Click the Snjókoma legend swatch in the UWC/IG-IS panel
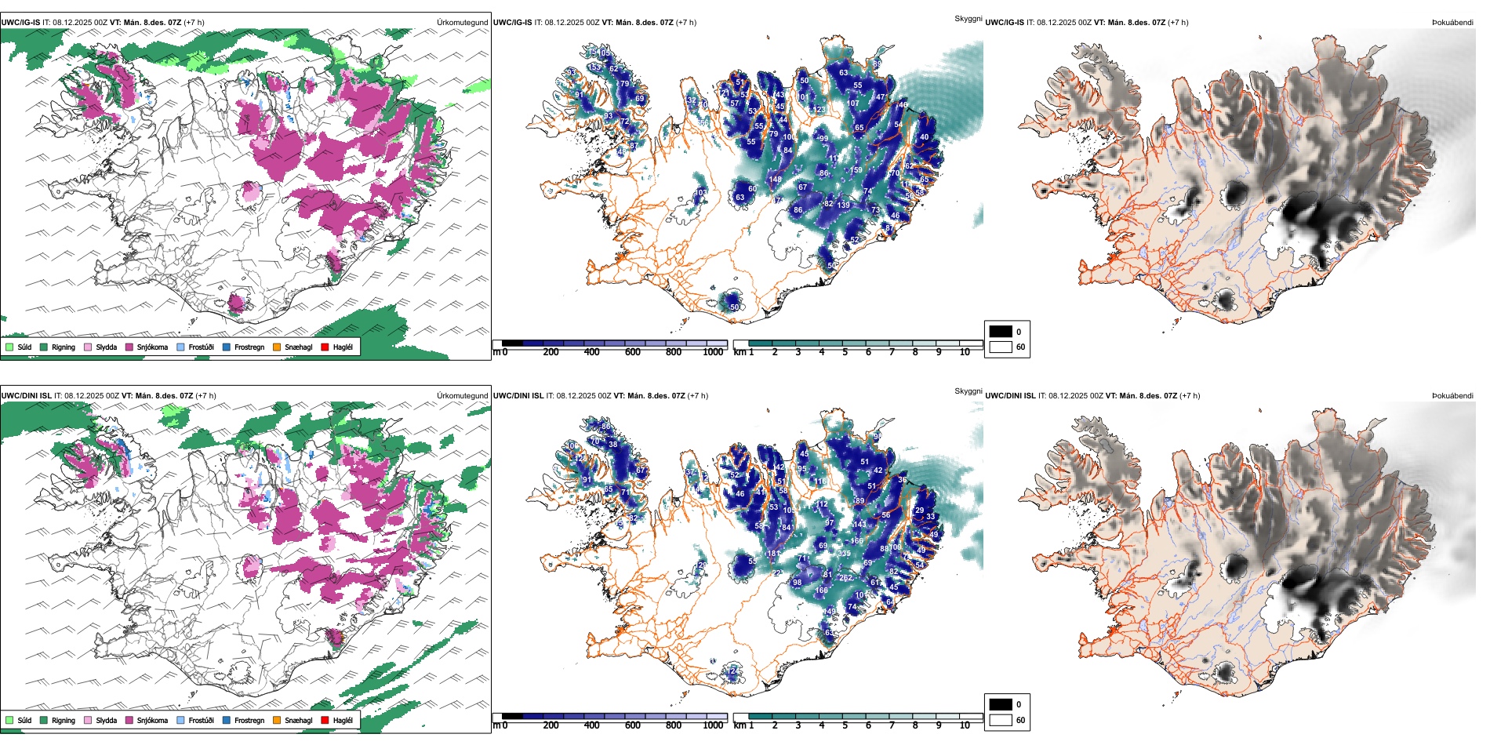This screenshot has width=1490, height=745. tap(129, 347)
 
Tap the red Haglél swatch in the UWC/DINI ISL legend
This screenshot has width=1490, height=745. tap(325, 720)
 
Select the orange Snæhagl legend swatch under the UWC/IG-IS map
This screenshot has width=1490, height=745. tap(277, 347)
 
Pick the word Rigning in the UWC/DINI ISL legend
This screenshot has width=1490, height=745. tap(64, 721)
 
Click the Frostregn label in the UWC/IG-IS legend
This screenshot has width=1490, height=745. tap(249, 347)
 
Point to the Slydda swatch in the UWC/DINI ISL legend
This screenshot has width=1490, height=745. tap(88, 720)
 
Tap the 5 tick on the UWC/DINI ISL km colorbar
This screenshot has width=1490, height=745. tap(845, 725)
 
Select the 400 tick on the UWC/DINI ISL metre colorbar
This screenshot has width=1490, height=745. tap(592, 725)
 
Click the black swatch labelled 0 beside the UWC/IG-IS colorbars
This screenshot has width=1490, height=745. tap(1001, 332)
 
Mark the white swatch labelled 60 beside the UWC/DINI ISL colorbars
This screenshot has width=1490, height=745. tap(1001, 720)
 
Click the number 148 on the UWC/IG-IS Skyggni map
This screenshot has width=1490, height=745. tap(775, 180)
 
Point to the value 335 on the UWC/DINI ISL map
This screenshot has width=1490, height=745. tap(844, 554)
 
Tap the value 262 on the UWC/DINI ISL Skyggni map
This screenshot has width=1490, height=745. tap(845, 578)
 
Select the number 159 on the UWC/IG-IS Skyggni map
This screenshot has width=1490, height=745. tap(856, 170)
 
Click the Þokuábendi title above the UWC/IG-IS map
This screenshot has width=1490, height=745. tap(1452, 23)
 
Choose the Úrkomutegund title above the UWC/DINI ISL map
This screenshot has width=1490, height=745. tap(462, 395)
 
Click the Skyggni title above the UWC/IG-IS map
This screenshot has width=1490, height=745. tap(968, 18)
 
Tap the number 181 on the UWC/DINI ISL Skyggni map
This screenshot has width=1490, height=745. tap(773, 554)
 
